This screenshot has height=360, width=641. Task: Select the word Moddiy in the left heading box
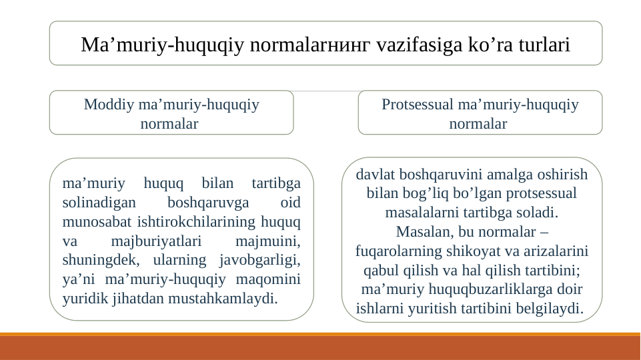click(x=109, y=105)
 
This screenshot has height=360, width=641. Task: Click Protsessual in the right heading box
click(x=418, y=105)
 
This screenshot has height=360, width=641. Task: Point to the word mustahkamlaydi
click(x=223, y=297)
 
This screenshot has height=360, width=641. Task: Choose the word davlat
click(x=375, y=175)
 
